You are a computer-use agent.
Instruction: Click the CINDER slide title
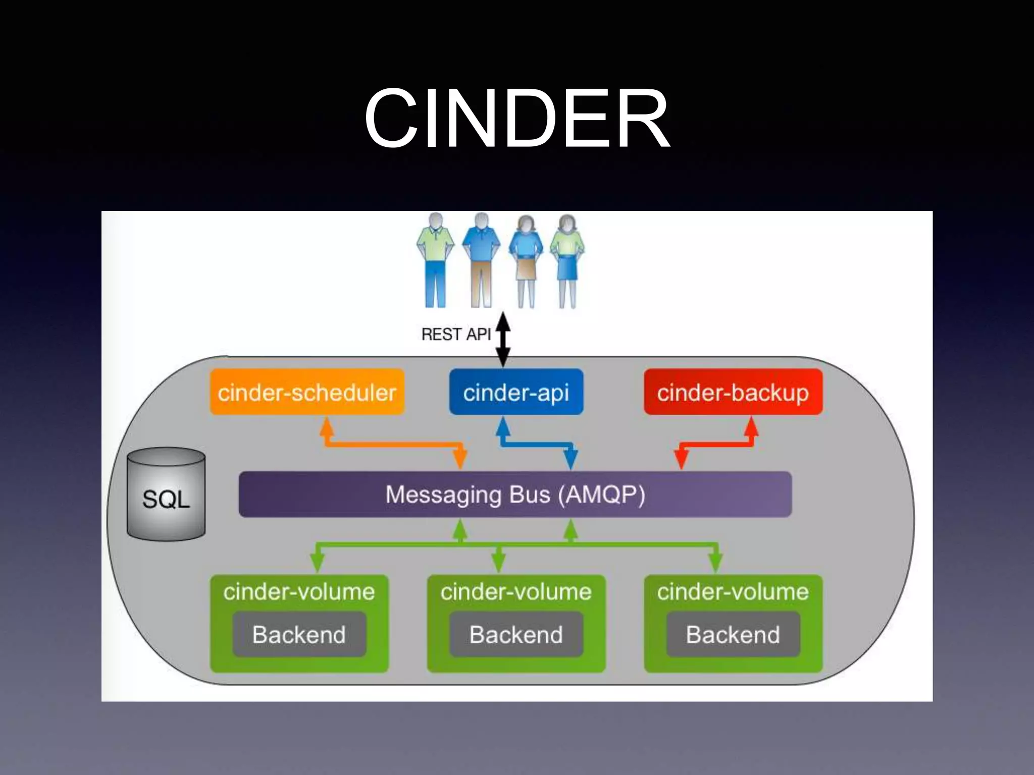517,119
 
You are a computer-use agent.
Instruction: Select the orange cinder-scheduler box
307,392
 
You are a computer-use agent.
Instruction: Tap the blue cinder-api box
516,392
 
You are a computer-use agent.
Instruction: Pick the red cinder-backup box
733,392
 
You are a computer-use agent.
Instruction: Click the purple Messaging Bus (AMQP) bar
515,494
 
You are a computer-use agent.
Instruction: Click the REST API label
455,335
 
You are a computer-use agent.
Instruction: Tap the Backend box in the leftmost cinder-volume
299,634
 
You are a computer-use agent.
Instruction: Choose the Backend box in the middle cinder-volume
516,634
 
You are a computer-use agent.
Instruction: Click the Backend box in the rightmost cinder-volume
733,634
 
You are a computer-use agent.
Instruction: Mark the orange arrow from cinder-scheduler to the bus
394,444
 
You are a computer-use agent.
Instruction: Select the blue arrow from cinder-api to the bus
536,444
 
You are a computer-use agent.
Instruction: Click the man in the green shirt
435,260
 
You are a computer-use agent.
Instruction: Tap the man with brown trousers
481,260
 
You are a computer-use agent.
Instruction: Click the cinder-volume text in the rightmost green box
733,592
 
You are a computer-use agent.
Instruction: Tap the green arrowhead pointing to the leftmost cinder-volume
317,562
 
